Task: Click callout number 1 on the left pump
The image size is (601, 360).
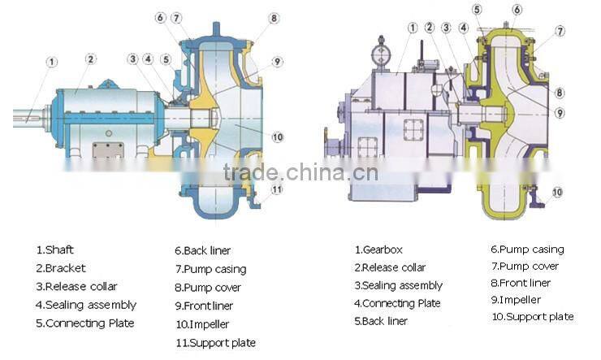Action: click(52, 62)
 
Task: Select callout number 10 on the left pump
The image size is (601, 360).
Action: click(277, 137)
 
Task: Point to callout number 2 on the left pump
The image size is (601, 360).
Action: click(91, 59)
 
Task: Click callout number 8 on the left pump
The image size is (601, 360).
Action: click(275, 18)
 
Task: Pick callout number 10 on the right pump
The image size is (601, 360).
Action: click(557, 193)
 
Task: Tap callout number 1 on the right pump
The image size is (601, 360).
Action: click(413, 28)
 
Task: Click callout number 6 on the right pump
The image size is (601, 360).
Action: click(517, 9)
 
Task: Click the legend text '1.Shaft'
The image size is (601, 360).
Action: click(54, 250)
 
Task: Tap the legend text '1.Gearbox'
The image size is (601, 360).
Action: click(378, 249)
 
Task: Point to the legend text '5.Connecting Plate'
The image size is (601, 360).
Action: click(85, 323)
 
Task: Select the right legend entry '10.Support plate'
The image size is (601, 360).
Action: click(532, 316)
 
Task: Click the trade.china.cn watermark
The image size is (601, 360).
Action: click(300, 172)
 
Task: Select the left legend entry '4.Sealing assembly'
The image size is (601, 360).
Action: click(85, 305)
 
